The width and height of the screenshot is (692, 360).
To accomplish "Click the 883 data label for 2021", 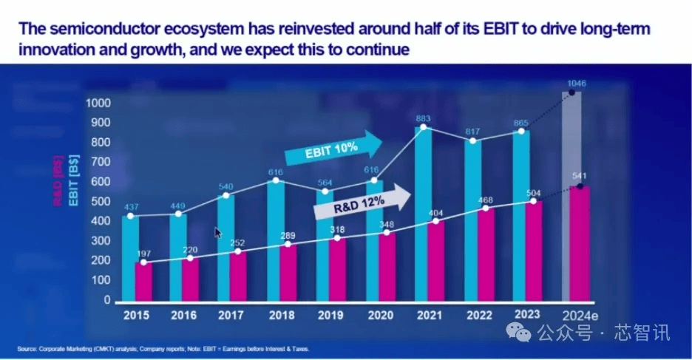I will click(x=422, y=118).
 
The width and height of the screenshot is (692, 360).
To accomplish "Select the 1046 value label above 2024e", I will click(x=577, y=84).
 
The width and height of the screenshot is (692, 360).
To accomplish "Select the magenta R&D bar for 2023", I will click(x=533, y=251).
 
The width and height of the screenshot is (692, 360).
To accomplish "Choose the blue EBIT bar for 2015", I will click(x=130, y=259).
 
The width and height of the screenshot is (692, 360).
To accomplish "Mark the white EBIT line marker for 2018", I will click(x=275, y=180).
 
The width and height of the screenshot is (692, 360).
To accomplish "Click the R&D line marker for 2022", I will click(x=485, y=209).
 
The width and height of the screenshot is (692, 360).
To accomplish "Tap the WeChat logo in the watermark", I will click(x=523, y=333).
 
